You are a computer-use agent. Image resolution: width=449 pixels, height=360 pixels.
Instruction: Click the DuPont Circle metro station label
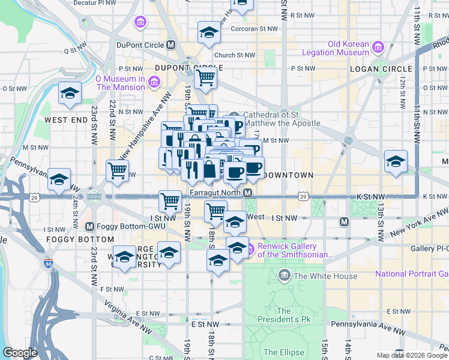(142, 45)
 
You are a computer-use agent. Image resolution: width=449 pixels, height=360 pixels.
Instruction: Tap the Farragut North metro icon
(247, 193)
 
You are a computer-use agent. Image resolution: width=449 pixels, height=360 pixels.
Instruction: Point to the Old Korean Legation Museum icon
(378, 47)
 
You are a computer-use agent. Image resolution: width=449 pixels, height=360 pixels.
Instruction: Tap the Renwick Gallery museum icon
(250, 247)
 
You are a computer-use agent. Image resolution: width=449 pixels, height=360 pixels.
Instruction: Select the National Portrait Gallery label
(411, 274)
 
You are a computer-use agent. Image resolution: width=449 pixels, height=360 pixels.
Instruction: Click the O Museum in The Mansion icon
(154, 81)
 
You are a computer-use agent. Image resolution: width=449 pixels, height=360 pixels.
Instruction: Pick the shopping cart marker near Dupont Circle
(205, 77)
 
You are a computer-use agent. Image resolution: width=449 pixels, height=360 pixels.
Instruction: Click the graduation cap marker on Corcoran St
(209, 32)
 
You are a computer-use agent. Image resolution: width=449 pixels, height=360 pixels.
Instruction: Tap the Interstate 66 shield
(48, 263)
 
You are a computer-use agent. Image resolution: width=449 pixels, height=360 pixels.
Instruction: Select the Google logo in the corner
(20, 353)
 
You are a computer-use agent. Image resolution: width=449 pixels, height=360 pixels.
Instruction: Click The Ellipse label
(279, 352)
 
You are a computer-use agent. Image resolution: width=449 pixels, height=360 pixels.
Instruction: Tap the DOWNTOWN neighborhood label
(289, 175)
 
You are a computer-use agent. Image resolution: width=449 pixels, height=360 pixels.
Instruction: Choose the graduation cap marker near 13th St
(396, 161)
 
